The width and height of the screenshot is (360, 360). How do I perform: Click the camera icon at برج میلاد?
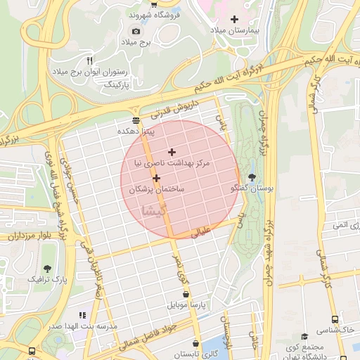136,31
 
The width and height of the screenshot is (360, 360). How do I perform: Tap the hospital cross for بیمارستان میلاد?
234,19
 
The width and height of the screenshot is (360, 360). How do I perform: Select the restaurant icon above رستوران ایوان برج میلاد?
89,60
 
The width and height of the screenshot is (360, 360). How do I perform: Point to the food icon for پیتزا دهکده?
136,120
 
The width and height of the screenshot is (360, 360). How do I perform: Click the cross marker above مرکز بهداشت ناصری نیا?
172,152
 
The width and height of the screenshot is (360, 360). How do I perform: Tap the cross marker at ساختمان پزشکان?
156,179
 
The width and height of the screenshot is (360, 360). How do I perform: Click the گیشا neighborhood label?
154,210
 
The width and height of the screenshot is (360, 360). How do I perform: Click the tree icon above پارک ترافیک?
47,268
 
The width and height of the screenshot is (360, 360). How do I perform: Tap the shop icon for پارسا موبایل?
185,295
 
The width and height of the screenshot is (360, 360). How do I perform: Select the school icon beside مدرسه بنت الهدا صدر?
82,316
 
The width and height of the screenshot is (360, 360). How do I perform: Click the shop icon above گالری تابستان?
186,342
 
